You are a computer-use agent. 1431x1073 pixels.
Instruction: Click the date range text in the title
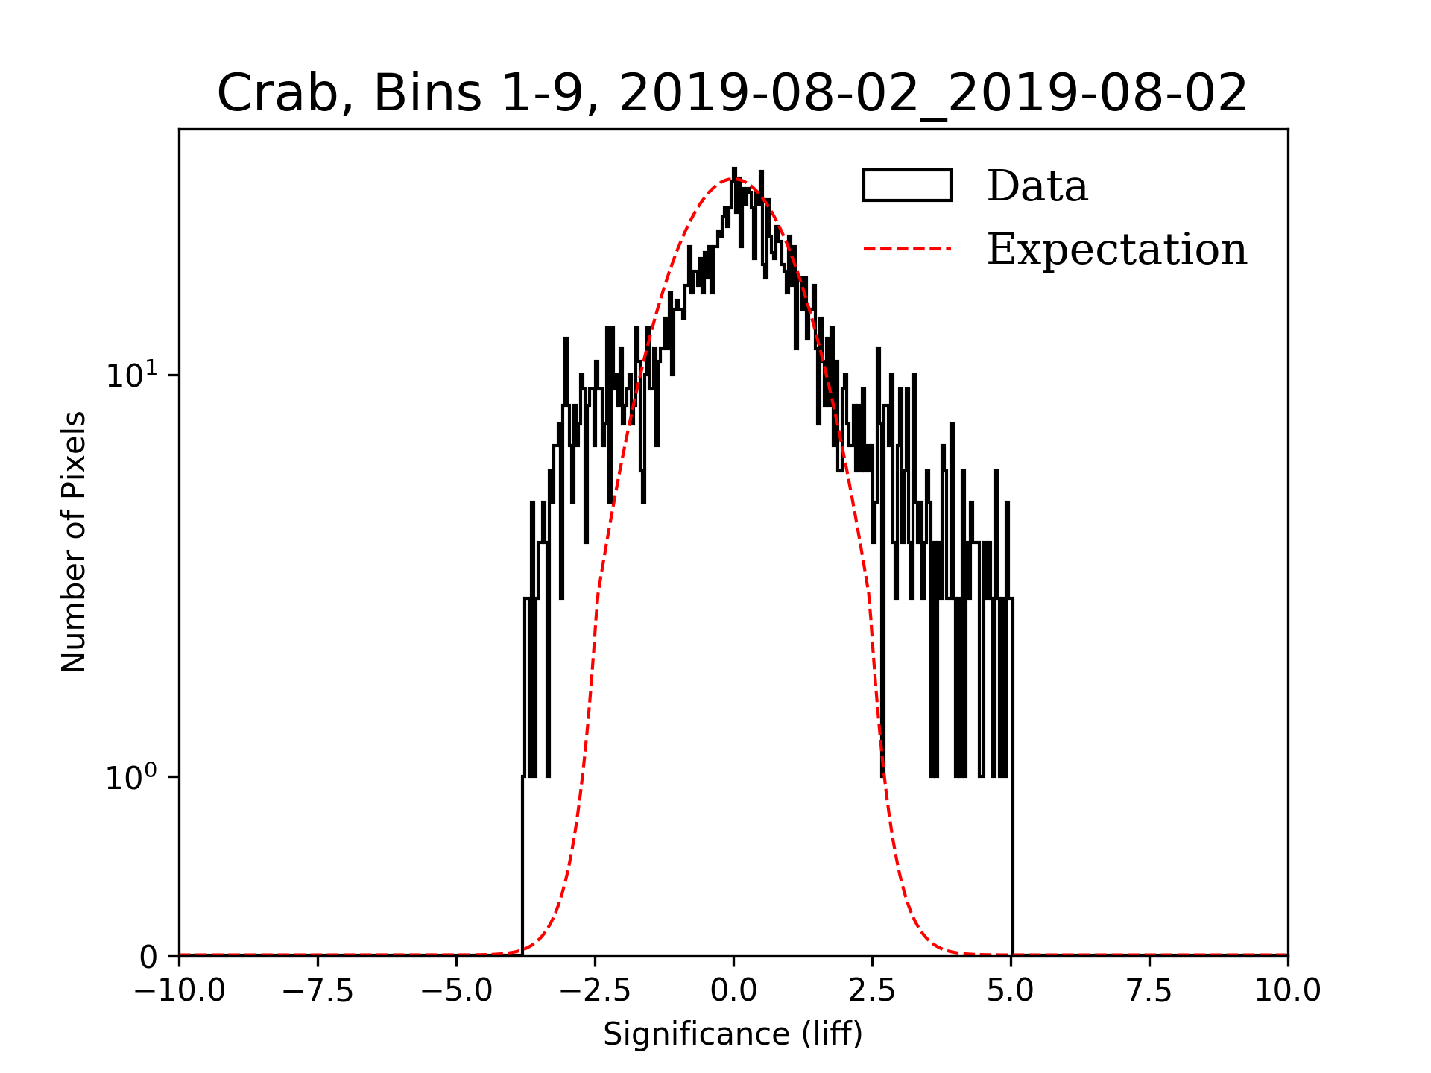932,95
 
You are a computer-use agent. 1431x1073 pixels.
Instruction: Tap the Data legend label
1037,186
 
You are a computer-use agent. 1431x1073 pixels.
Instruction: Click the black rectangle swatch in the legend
907,186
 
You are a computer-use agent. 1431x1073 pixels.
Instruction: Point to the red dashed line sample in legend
907,249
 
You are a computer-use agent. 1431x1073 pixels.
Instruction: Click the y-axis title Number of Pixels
74,542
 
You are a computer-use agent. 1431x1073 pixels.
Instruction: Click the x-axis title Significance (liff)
733,1034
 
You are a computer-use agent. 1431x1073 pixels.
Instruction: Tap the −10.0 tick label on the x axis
179,991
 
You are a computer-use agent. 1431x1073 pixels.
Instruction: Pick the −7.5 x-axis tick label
318,991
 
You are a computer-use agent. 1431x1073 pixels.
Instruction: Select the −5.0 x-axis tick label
456,991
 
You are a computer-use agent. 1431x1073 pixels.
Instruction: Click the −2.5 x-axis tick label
595,991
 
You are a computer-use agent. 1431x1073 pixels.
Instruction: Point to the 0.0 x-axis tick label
733,991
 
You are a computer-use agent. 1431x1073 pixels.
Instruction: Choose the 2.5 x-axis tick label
872,991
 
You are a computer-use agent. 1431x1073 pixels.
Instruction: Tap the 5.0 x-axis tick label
1011,991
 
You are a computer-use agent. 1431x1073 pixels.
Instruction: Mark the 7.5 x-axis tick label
1149,991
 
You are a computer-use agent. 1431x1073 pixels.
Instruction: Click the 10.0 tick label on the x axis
1287,991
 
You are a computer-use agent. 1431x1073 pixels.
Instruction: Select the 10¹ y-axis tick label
132,376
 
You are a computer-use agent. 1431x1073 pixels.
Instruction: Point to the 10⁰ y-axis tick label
132,778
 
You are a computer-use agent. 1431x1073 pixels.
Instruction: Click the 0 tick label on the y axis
148,957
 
